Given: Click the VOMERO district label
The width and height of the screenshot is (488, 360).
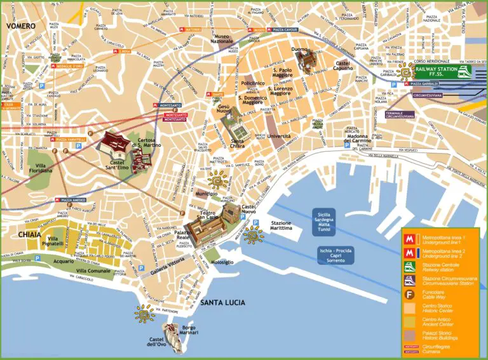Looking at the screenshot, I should pos(20,26).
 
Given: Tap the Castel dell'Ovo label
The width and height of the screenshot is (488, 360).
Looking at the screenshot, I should pos(161,343).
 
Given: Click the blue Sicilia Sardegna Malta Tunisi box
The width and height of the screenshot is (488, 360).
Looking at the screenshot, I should pos(328,223).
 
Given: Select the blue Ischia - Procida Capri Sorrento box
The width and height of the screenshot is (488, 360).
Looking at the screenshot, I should pos(336,255).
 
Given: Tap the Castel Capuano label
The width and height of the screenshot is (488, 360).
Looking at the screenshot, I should pos(343,67).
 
